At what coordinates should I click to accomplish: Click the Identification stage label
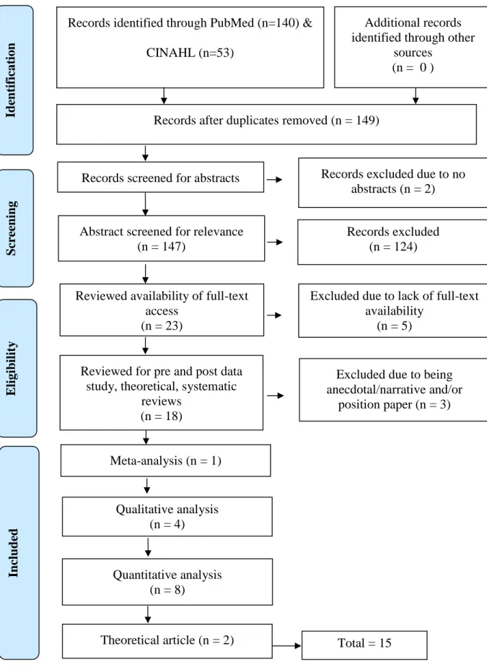(11, 80)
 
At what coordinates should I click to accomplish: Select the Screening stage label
(12, 228)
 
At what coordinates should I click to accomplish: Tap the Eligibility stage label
(12, 368)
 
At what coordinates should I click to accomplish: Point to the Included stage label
(13, 553)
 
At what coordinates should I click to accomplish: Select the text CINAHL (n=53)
(190, 53)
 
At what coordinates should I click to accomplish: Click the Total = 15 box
(364, 645)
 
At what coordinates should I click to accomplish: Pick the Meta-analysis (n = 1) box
(165, 461)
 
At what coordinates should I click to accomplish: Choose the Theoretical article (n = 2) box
(167, 641)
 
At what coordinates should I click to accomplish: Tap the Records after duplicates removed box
(266, 124)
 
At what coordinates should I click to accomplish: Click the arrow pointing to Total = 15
(286, 646)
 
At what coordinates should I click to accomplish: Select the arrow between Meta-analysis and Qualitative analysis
(146, 486)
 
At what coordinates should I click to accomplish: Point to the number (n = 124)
(393, 247)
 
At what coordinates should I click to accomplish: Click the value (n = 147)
(162, 247)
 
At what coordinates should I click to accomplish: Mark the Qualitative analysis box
(167, 516)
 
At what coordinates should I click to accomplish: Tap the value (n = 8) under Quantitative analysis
(167, 590)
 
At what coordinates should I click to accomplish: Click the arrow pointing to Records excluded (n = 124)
(275, 242)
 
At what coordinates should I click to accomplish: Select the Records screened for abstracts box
(160, 177)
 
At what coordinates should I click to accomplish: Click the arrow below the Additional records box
(416, 96)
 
